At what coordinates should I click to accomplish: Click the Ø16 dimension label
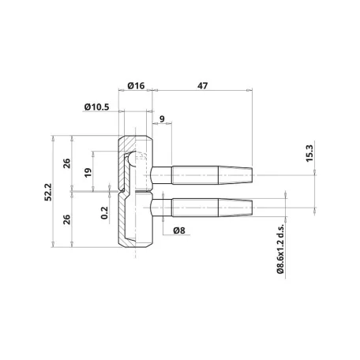coord(136,86)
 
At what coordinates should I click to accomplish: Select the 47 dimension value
coord(202,86)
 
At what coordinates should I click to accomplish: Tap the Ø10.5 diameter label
coord(96,107)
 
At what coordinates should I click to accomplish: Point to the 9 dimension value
coord(162,119)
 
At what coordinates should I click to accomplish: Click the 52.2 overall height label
coord(48,192)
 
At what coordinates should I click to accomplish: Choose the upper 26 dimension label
coord(67,163)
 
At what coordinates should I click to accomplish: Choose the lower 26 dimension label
coord(67,219)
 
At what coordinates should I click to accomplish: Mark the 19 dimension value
coord(88,172)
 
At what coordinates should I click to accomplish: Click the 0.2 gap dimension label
coord(104,212)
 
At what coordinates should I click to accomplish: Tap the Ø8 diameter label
coord(179,231)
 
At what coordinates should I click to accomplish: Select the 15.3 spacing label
coord(309,153)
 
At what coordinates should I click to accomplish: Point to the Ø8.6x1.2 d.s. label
coord(281,249)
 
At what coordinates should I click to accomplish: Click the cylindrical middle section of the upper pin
coord(195,175)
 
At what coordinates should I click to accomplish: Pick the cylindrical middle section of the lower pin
coord(195,208)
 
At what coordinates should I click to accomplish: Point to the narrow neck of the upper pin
coord(162,175)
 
